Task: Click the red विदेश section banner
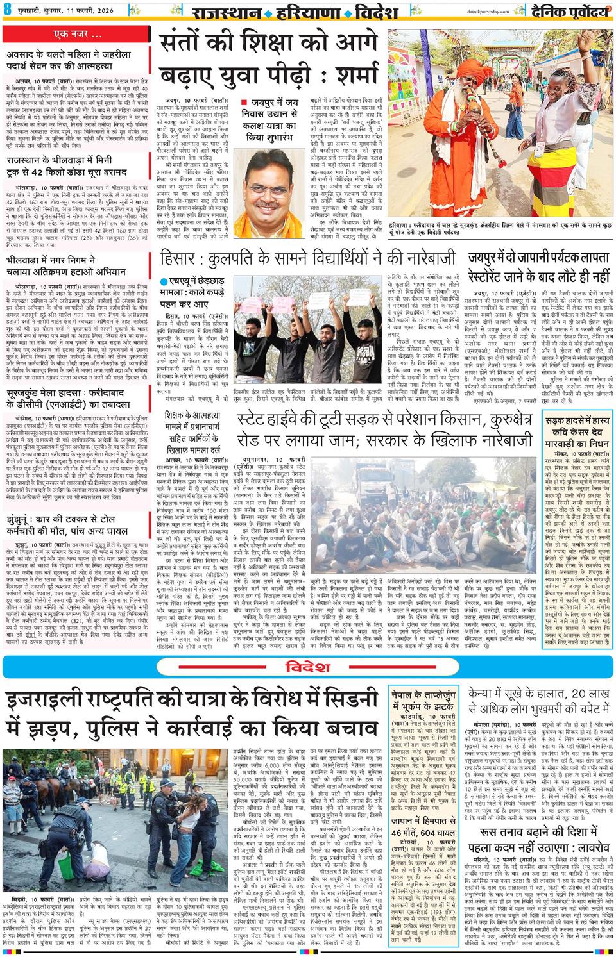(x=308, y=667)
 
